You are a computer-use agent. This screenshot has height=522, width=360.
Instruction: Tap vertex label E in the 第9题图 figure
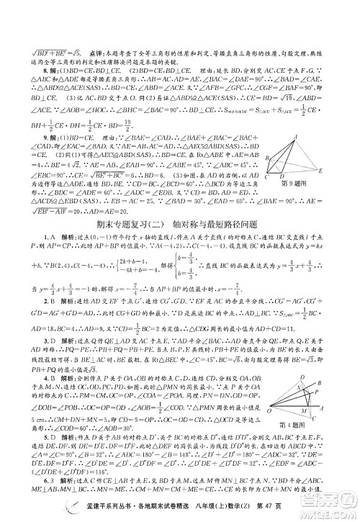pyautogui.click(x=320, y=170)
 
